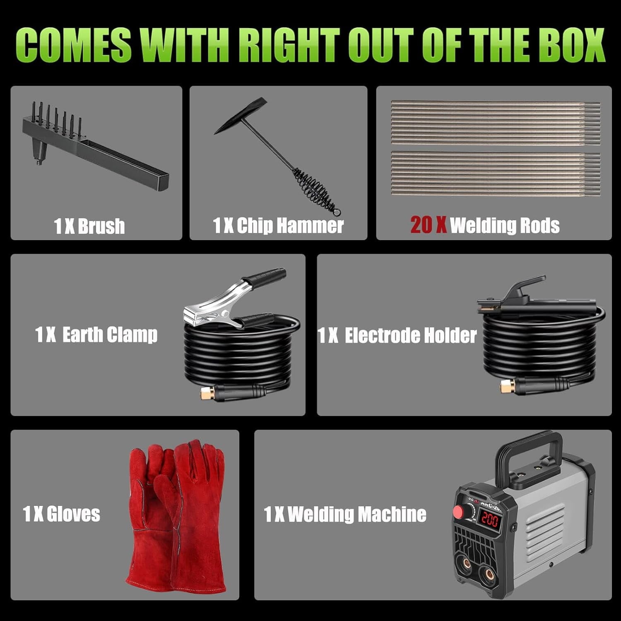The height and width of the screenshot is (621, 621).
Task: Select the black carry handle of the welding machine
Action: point(528,451)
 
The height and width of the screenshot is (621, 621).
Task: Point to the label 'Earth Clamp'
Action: point(110,335)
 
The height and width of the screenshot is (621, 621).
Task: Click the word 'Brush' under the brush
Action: point(101,226)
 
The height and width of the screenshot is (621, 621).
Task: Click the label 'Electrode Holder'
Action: point(411,335)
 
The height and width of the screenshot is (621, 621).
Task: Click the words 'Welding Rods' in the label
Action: point(505,226)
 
